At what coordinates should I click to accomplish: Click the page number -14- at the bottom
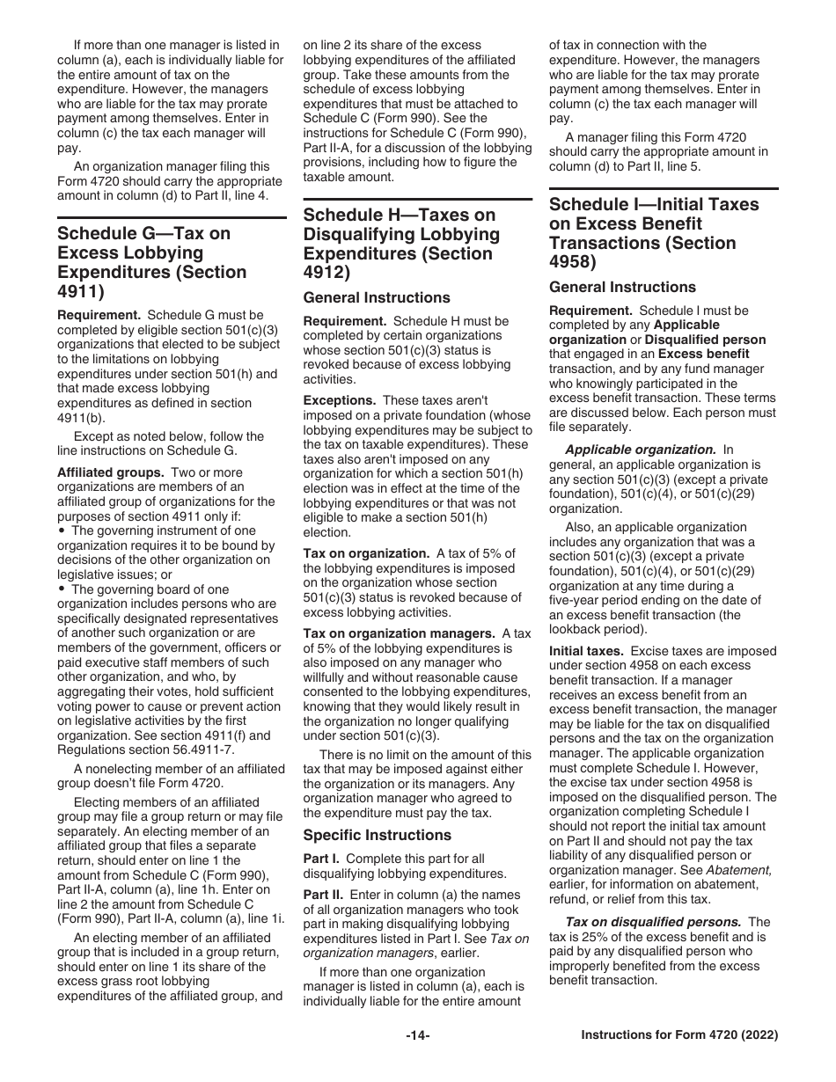[417, 1035]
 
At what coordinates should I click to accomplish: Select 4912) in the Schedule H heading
[326, 273]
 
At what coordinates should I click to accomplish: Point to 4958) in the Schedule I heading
[573, 262]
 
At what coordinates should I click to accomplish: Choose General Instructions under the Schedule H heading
[377, 297]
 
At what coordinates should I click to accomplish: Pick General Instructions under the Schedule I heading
[622, 287]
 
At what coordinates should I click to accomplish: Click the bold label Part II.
[323, 895]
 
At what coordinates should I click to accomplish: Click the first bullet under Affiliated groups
[62, 531]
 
